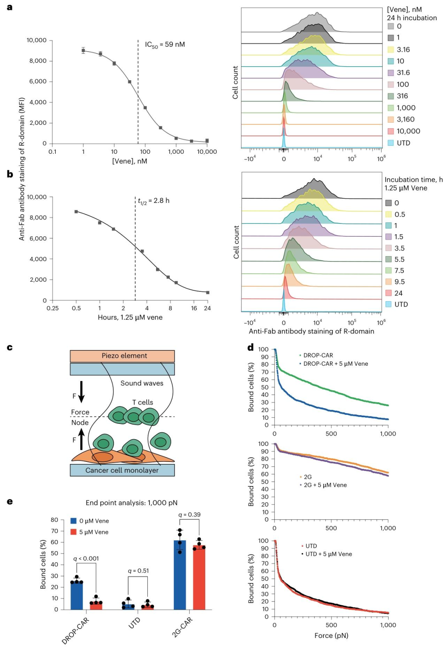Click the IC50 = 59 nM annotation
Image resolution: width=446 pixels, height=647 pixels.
(x=165, y=45)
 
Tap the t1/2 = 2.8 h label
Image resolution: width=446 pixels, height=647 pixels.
(x=154, y=201)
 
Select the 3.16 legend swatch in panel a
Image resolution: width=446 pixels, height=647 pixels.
(x=391, y=50)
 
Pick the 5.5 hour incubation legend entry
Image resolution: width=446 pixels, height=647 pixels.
(x=395, y=259)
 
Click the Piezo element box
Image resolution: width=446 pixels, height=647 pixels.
(x=122, y=356)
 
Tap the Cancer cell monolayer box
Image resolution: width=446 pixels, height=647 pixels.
(x=122, y=470)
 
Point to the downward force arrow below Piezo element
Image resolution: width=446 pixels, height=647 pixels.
(x=81, y=392)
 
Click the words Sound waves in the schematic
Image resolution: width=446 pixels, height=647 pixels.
(x=142, y=383)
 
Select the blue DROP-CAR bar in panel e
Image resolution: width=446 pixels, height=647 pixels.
(x=77, y=596)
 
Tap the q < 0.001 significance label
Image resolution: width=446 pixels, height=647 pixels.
(x=86, y=559)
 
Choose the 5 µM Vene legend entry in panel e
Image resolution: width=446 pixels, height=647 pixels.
(x=90, y=532)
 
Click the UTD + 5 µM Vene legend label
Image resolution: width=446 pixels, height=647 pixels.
(x=327, y=554)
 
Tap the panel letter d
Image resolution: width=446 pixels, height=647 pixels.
(x=251, y=347)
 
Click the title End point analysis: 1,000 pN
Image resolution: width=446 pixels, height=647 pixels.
(x=132, y=503)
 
